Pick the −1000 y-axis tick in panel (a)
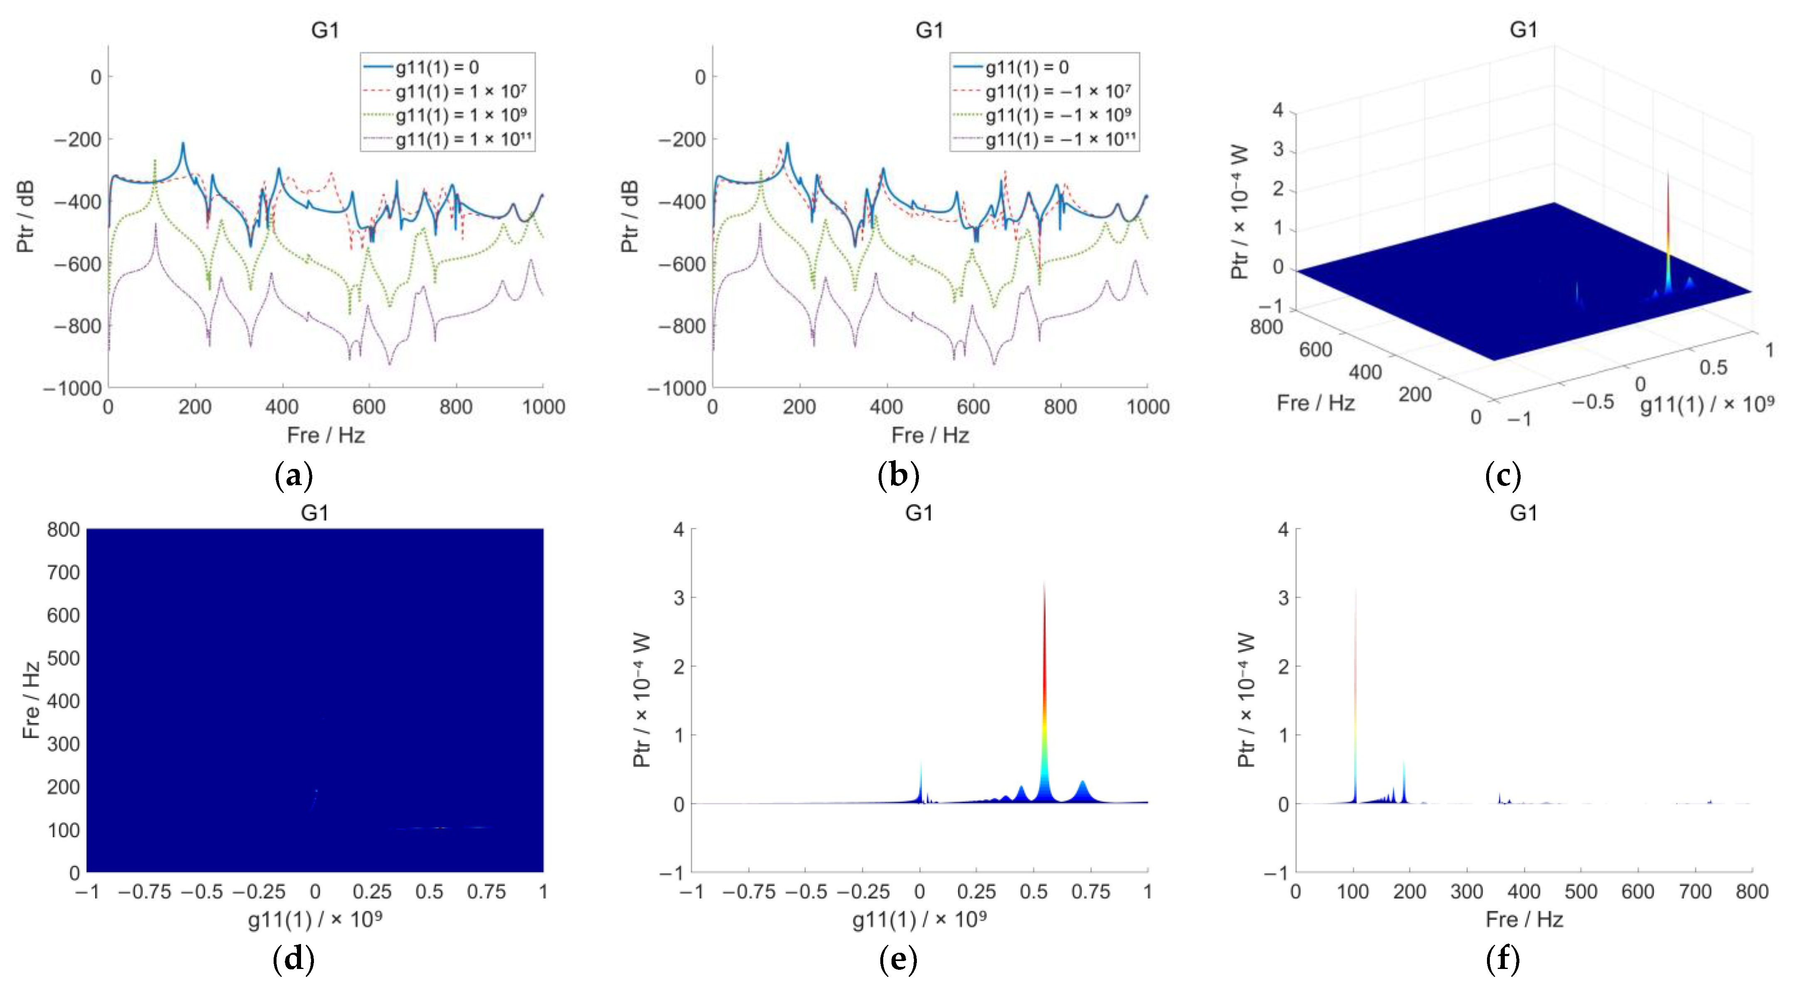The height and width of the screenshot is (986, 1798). pyautogui.click(x=72, y=388)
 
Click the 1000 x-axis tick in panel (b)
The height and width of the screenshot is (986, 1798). pyautogui.click(x=1148, y=407)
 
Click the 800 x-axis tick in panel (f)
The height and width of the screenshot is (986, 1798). pyautogui.click(x=1752, y=891)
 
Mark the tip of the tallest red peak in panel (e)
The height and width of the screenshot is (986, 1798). pyautogui.click(x=1044, y=583)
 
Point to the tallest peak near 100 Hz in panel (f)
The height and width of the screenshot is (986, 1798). pyautogui.click(x=1356, y=590)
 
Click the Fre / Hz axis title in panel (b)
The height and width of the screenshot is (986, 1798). pyautogui.click(x=930, y=436)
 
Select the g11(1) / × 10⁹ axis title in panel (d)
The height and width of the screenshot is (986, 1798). pyautogui.click(x=315, y=920)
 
